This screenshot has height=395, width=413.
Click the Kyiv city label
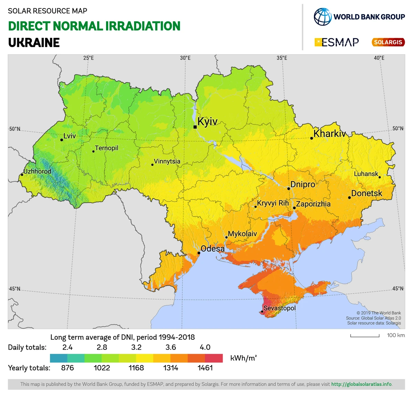[x=208, y=121]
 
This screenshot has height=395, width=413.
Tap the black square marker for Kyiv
[x=195, y=127]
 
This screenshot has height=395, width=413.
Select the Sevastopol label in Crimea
[x=279, y=308]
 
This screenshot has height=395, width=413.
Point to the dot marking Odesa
[x=199, y=253]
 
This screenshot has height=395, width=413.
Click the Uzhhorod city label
[x=37, y=171]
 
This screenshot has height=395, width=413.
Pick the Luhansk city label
[x=366, y=174]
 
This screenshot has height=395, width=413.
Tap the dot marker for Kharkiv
[x=311, y=138]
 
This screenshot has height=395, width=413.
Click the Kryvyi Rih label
[x=273, y=203]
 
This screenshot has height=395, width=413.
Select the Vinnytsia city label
[x=167, y=161]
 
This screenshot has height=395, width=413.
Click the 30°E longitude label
[x=185, y=58]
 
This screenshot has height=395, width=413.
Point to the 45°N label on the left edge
[x=14, y=289]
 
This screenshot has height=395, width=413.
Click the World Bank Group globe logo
[x=322, y=17]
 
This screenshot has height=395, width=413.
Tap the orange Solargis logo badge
[x=388, y=42]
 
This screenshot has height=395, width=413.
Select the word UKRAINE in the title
[x=34, y=43]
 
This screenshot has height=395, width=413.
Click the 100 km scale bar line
[x=365, y=336]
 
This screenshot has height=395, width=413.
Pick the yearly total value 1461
[x=205, y=368]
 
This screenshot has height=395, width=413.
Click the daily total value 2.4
[x=67, y=347]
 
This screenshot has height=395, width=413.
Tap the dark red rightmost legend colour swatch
[x=214, y=358]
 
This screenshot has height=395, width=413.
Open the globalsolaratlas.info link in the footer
[x=361, y=384]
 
